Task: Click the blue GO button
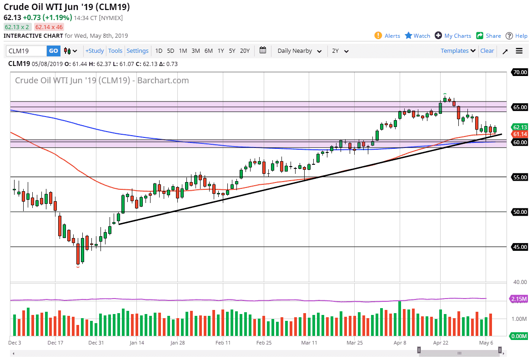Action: (x=54, y=51)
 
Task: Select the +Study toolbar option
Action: (x=95, y=51)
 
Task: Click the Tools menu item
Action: (x=115, y=51)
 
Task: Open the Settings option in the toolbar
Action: (x=137, y=51)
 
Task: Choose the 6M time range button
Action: (x=208, y=51)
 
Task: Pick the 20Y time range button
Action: (x=245, y=51)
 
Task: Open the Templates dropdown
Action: (x=458, y=51)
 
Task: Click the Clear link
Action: (x=487, y=51)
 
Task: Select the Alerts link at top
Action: (x=387, y=36)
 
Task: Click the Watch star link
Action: (x=417, y=36)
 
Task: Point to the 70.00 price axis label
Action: (x=520, y=72)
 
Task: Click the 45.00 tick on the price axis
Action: (x=520, y=247)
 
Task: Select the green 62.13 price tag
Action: (x=519, y=127)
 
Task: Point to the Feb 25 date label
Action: (x=264, y=343)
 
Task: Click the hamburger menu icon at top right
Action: (x=519, y=51)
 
